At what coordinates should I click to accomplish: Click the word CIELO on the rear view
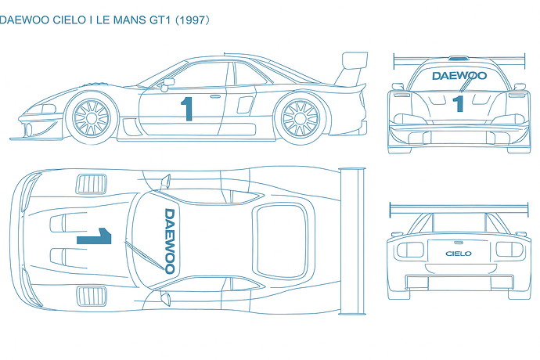coord(459,254)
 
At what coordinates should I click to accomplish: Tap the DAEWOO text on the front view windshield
coord(459,76)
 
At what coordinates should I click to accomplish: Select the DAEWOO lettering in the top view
coord(170,241)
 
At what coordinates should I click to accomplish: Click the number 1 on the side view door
coord(187,109)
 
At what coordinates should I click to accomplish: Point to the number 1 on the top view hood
coord(94,236)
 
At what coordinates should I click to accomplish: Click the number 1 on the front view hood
coord(458,103)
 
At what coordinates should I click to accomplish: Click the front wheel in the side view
coord(92,118)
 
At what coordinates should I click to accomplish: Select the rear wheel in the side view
coord(300,118)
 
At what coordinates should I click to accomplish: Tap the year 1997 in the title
coord(193,20)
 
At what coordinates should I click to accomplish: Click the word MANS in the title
coord(129,20)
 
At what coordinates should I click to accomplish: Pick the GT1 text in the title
coord(160,20)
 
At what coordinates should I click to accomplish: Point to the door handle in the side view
coord(215,96)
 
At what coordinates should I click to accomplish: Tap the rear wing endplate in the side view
coord(355,59)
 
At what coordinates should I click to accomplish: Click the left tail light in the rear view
coord(410,250)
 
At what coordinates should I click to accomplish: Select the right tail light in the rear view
coord(509,250)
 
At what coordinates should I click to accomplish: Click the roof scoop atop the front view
coord(459,58)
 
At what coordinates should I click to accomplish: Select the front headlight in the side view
coord(49,109)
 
